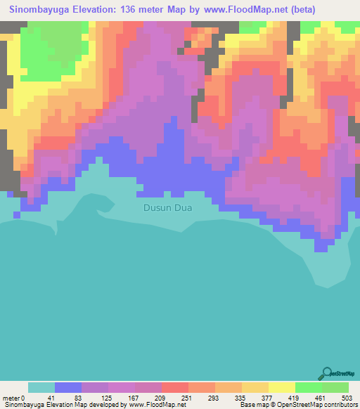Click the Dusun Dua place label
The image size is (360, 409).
167,208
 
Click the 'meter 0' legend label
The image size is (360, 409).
13,397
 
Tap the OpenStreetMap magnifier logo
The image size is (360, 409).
327,373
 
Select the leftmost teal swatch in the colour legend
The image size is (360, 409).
41,387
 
